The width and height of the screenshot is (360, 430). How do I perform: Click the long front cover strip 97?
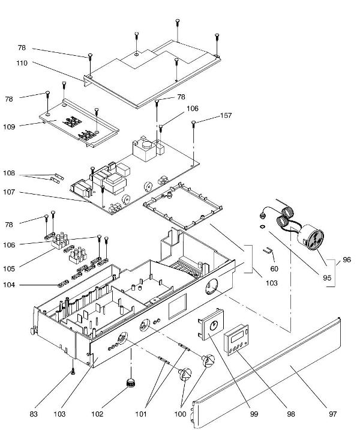(x=270, y=372)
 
